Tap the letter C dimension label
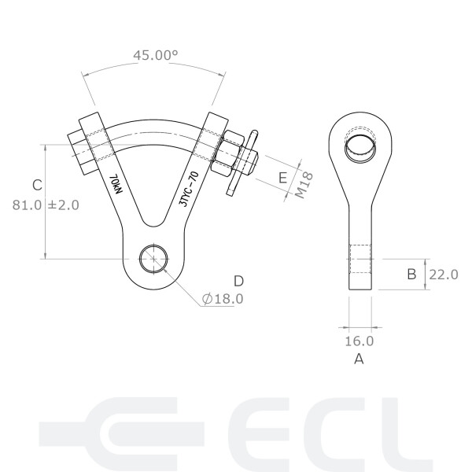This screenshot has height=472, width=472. (36, 185)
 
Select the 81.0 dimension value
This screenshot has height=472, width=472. (28, 205)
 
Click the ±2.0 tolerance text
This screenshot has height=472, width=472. (64, 205)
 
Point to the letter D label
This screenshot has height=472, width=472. (238, 281)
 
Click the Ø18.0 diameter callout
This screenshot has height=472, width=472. (223, 299)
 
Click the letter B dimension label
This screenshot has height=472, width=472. (411, 275)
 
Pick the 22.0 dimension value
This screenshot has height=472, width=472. (442, 275)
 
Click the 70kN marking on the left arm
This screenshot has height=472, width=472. (116, 186)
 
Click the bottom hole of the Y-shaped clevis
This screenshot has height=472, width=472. (153, 259)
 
